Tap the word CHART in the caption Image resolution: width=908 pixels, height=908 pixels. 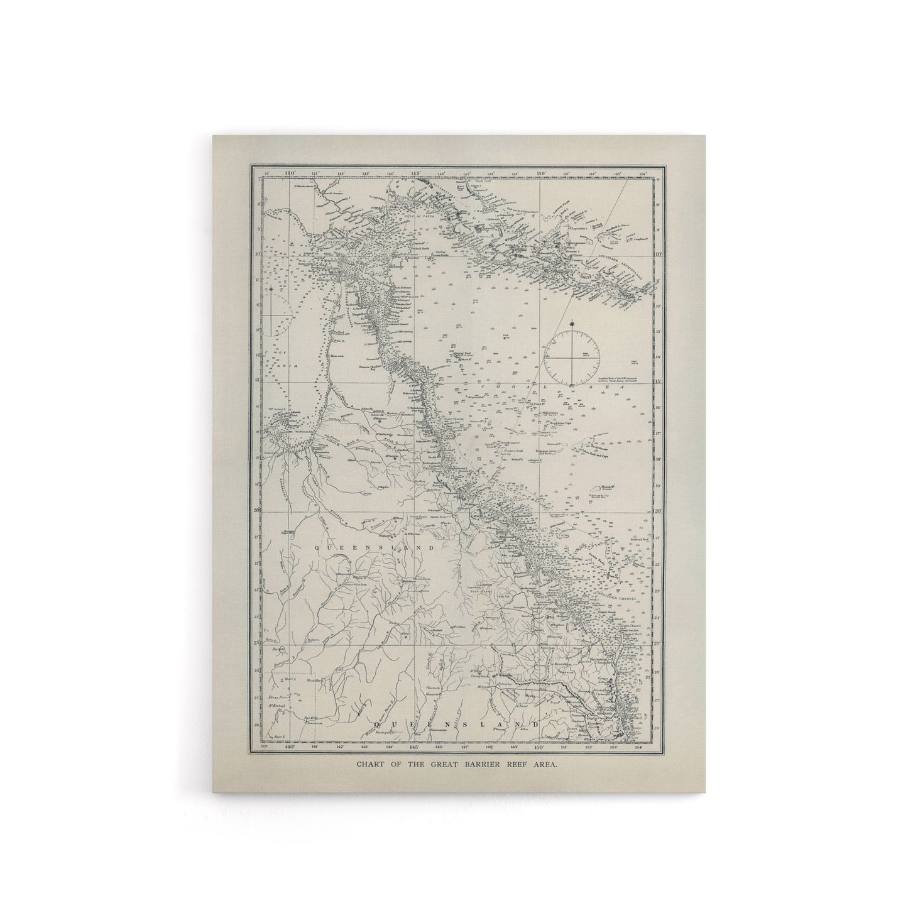(x=371, y=765)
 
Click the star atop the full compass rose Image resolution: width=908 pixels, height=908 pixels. (x=572, y=324)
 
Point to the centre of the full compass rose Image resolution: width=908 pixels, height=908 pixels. (x=572, y=359)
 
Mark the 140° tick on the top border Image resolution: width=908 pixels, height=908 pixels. (x=290, y=173)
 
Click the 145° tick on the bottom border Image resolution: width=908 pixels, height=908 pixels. (x=415, y=747)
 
